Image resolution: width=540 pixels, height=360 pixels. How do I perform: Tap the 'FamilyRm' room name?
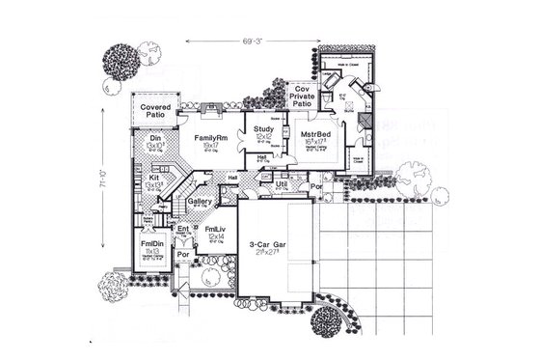[x=209, y=139]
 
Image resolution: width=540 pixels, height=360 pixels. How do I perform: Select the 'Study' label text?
[x=262, y=128]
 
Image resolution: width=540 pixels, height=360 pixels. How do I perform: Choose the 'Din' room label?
[x=155, y=140]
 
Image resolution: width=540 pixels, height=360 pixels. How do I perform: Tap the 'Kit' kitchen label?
[x=154, y=179]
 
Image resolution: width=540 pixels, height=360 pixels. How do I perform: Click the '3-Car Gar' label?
[x=265, y=245]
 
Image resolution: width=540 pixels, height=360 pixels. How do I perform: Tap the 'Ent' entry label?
[x=184, y=229]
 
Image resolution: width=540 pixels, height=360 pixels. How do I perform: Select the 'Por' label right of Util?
[x=314, y=185]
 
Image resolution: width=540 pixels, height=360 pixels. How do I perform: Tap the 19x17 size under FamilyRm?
[x=209, y=149]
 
